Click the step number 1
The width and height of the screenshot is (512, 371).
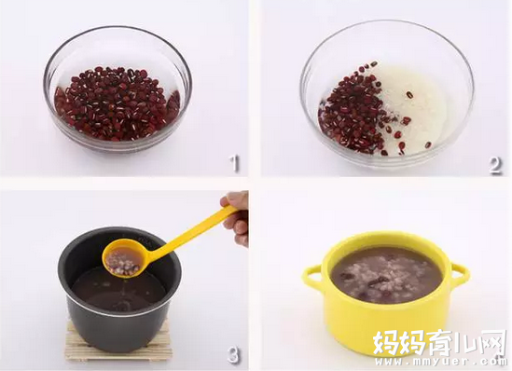pyautogui.click(x=234, y=163)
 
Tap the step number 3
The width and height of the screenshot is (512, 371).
pyautogui.click(x=233, y=354)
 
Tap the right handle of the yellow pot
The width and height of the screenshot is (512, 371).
pyautogui.click(x=460, y=276)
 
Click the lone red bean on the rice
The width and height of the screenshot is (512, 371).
pyautogui.click(x=409, y=95)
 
